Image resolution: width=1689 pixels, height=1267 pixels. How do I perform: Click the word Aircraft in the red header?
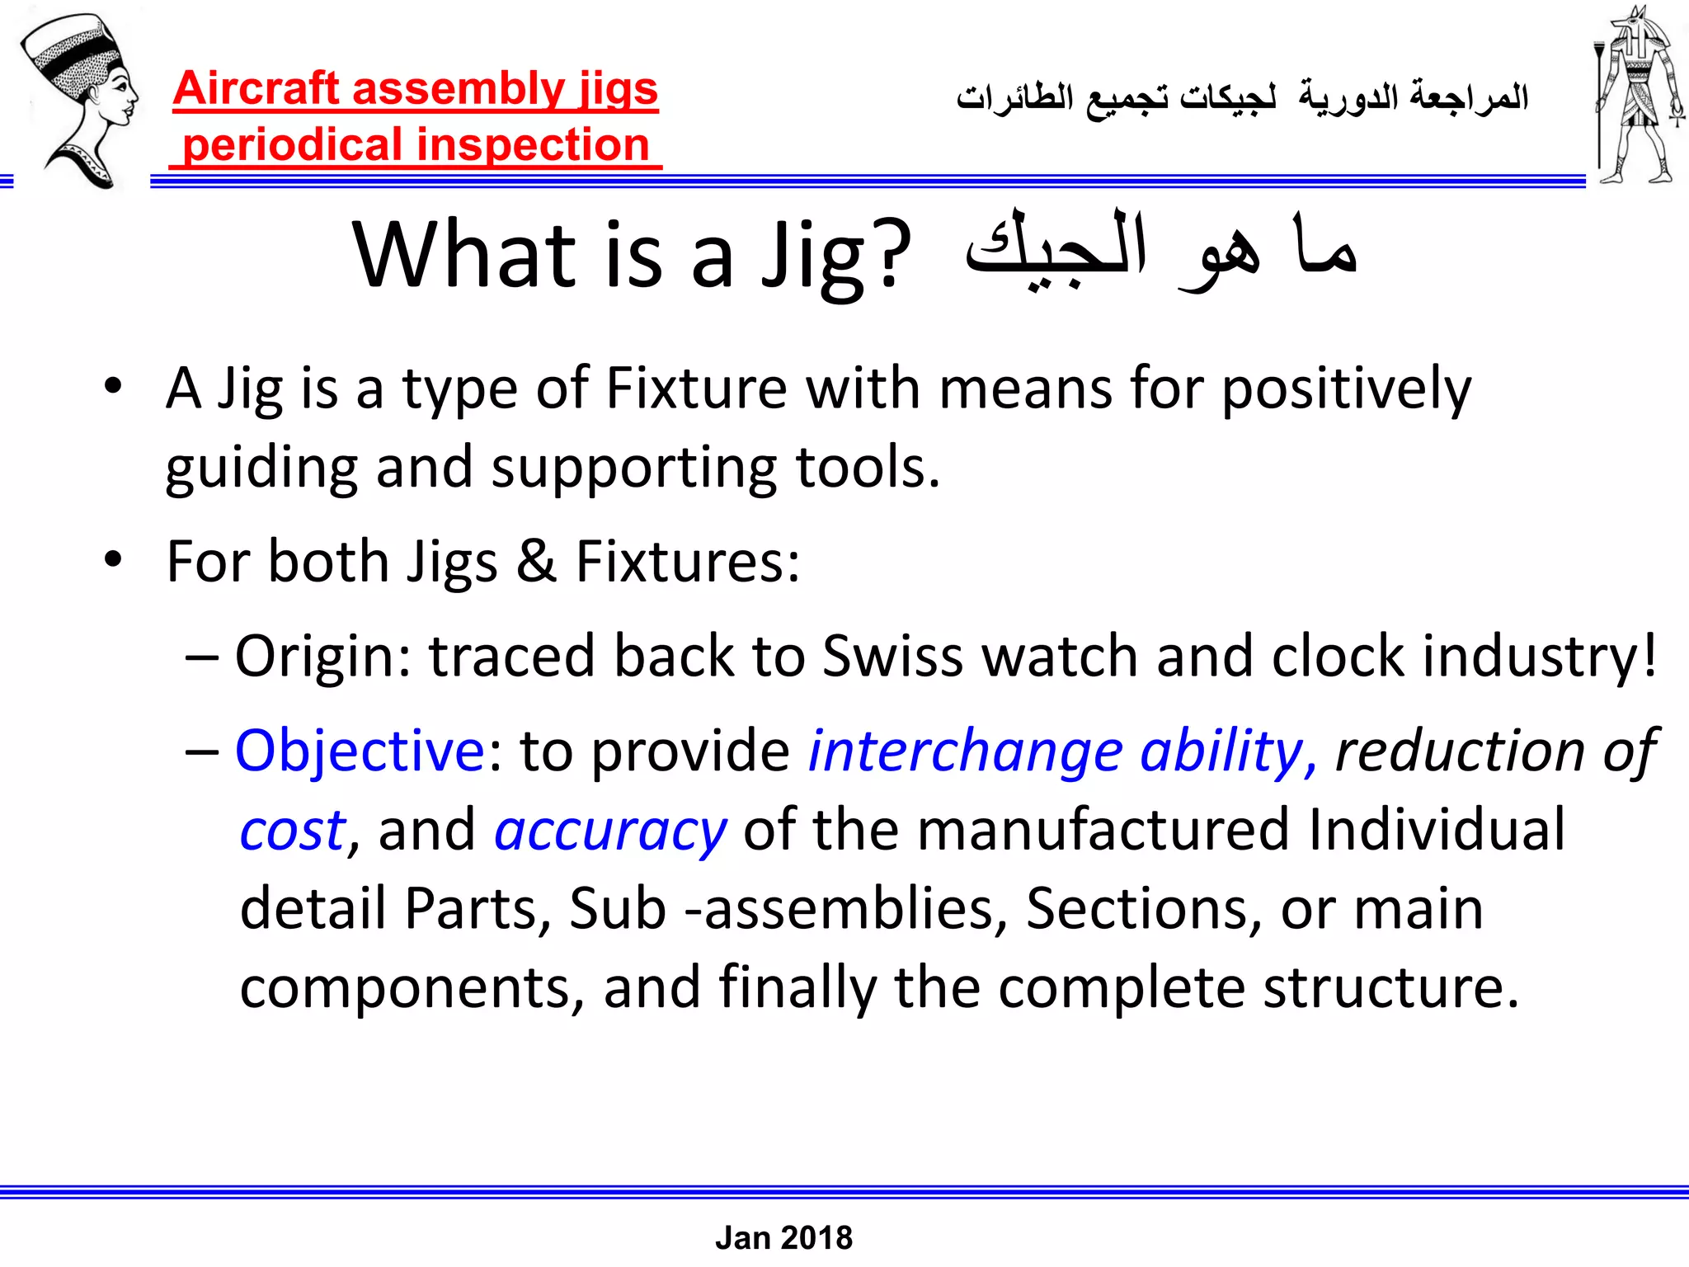coord(256,89)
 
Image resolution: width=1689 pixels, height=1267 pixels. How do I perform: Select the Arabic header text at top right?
coord(1242,98)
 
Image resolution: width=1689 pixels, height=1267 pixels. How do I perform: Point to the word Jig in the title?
coord(812,256)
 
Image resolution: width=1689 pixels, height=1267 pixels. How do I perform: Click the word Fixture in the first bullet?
coord(696,389)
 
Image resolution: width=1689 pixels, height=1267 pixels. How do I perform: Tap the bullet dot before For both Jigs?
coord(113,560)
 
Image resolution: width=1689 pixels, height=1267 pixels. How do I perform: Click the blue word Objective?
coord(360,751)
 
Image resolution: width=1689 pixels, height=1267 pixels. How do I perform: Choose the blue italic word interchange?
coord(965,751)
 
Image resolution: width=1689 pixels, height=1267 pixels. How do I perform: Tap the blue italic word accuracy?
coord(610,831)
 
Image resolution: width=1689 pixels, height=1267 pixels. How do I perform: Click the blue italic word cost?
coord(292,831)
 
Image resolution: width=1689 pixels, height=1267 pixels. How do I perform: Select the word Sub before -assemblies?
coord(617,909)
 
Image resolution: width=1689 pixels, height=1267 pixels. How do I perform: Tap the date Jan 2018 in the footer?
coord(783,1237)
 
